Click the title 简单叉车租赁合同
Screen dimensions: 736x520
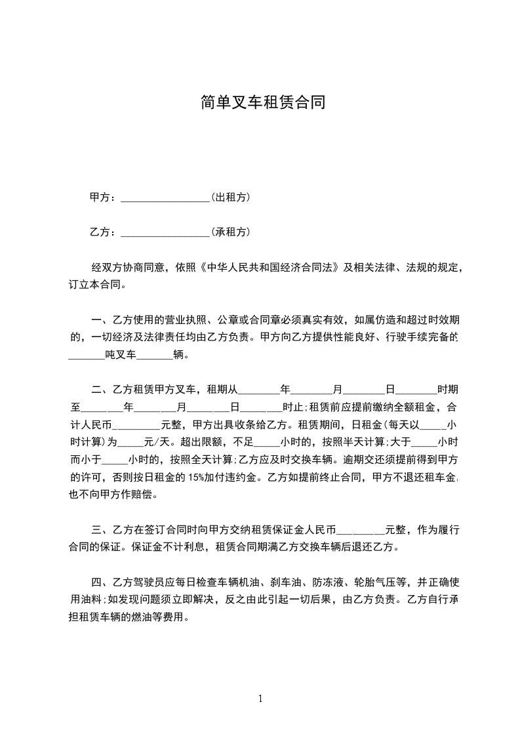pyautogui.click(x=262, y=102)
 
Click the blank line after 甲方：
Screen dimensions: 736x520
pyautogui.click(x=165, y=197)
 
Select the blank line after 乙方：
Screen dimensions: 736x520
pyautogui.click(x=165, y=232)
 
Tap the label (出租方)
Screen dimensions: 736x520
pyautogui.click(x=230, y=197)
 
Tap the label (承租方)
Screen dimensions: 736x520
pyautogui.click(x=230, y=232)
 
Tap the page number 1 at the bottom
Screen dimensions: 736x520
pyautogui.click(x=260, y=699)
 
